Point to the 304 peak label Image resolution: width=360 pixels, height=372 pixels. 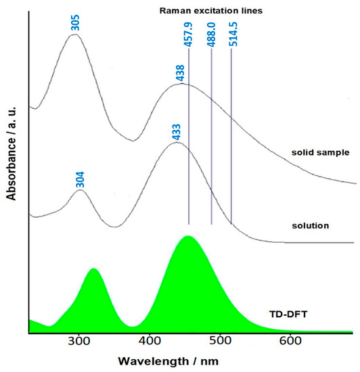[x=80, y=179]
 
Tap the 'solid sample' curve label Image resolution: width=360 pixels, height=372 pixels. [x=317, y=153]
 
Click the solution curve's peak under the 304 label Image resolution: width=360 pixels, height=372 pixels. [x=80, y=190]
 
